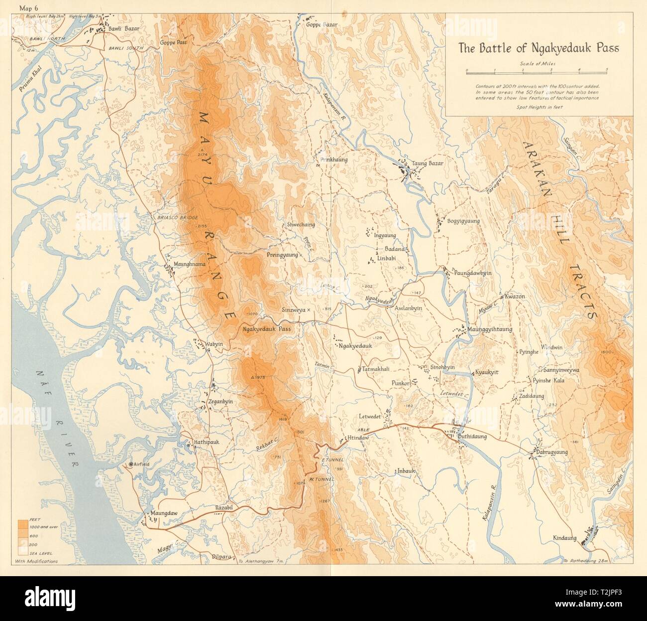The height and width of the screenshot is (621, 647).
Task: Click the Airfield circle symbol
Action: point(130,464)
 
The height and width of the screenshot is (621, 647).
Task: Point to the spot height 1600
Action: point(608,352)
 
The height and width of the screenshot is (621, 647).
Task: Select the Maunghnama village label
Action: point(189,265)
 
